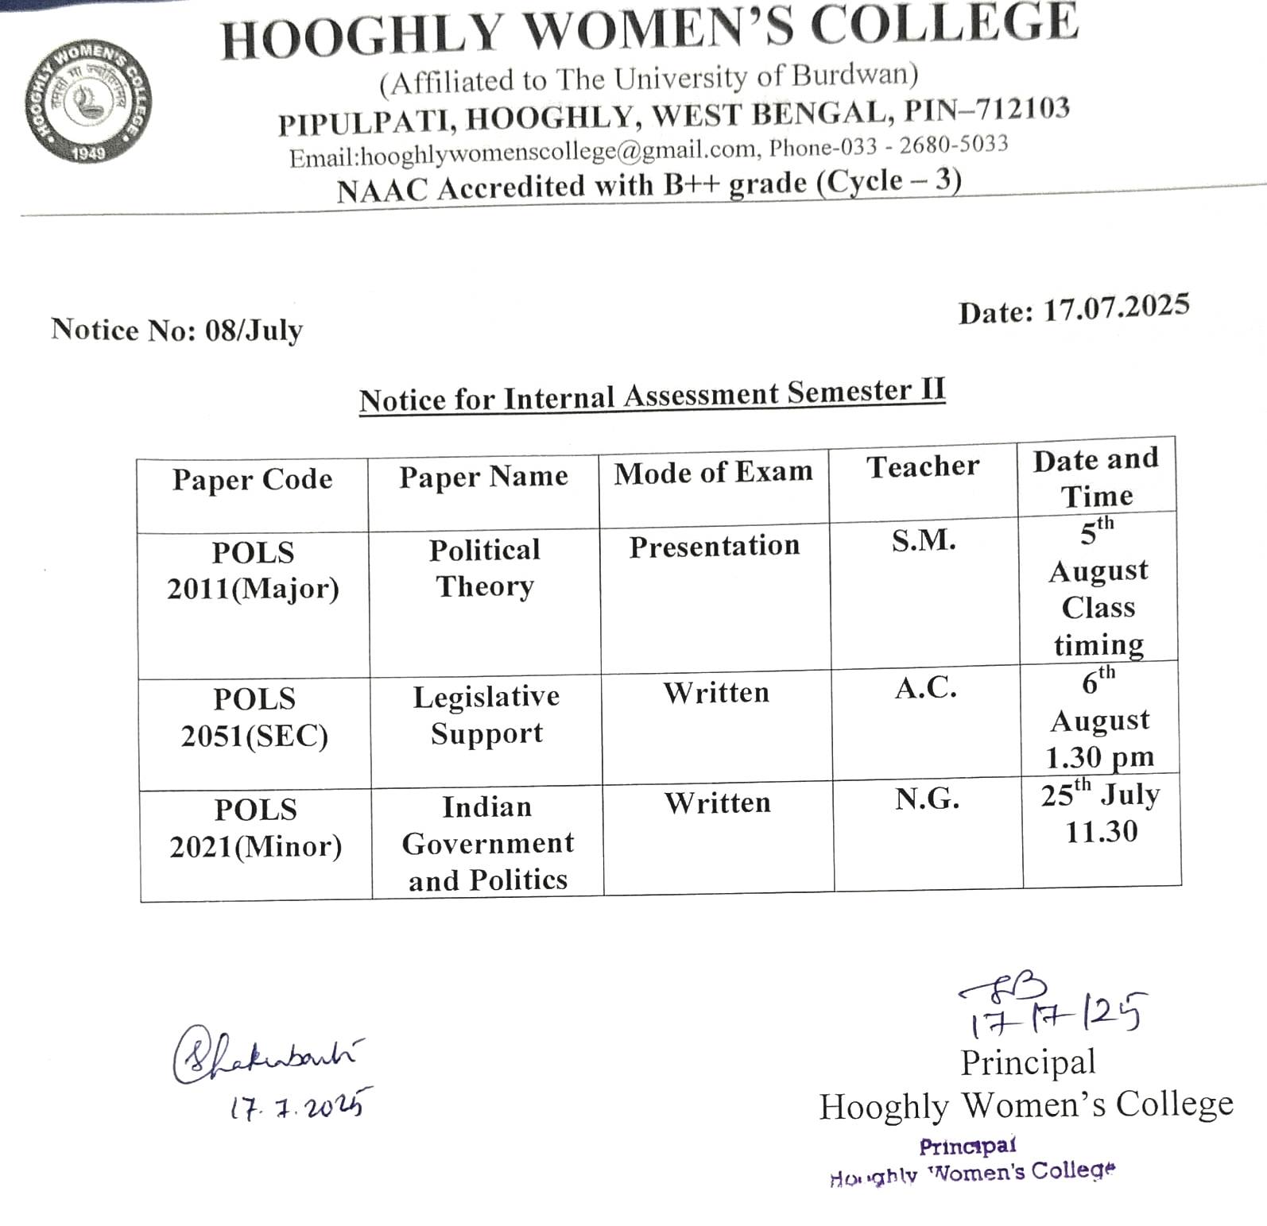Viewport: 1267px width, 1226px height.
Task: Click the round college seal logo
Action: (x=87, y=102)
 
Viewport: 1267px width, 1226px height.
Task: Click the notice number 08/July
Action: (x=253, y=330)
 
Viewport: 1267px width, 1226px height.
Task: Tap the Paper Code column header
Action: (x=252, y=480)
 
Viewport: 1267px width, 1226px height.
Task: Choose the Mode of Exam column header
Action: (x=713, y=473)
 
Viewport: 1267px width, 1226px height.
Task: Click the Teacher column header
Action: (x=923, y=466)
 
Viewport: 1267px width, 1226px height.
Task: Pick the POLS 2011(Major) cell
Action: (x=253, y=570)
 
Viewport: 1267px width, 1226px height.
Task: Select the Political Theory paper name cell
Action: (x=485, y=567)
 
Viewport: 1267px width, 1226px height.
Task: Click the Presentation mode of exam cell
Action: (x=715, y=546)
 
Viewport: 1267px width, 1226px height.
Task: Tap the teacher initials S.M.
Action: (x=924, y=540)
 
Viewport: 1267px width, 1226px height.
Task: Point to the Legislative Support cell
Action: (x=486, y=714)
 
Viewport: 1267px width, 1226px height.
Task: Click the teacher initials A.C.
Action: (x=925, y=688)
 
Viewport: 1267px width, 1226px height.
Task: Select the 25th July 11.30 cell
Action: (x=1101, y=813)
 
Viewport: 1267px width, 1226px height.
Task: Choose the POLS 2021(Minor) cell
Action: (x=255, y=828)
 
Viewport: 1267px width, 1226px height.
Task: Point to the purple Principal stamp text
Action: (x=967, y=1147)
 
